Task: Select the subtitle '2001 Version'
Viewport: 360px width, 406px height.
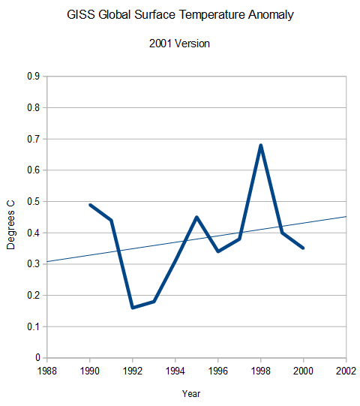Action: tap(180, 44)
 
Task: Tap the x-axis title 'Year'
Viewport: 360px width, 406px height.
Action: tap(191, 393)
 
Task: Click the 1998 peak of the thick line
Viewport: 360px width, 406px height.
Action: tap(260, 145)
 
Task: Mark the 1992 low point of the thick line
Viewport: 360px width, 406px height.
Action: tap(132, 308)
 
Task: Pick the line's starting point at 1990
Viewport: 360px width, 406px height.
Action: tap(89, 205)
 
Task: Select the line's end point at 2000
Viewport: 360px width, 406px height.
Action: tap(303, 248)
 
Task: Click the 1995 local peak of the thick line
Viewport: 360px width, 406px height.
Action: tap(196, 217)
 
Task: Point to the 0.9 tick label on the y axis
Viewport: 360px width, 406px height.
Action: tap(33, 76)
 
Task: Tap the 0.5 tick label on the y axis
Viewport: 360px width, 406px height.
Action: tap(33, 201)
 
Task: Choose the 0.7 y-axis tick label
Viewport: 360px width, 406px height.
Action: tap(33, 139)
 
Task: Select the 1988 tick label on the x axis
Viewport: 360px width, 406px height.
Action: tap(46, 370)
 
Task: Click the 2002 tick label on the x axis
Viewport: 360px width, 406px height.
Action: tap(346, 370)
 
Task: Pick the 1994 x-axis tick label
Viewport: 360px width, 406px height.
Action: tap(175, 370)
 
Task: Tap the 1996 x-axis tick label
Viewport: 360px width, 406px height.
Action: tap(217, 370)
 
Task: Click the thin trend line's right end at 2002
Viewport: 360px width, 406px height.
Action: tap(345, 217)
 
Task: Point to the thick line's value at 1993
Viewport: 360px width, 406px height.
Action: tap(154, 301)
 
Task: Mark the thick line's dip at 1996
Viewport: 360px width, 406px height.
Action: tap(217, 251)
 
